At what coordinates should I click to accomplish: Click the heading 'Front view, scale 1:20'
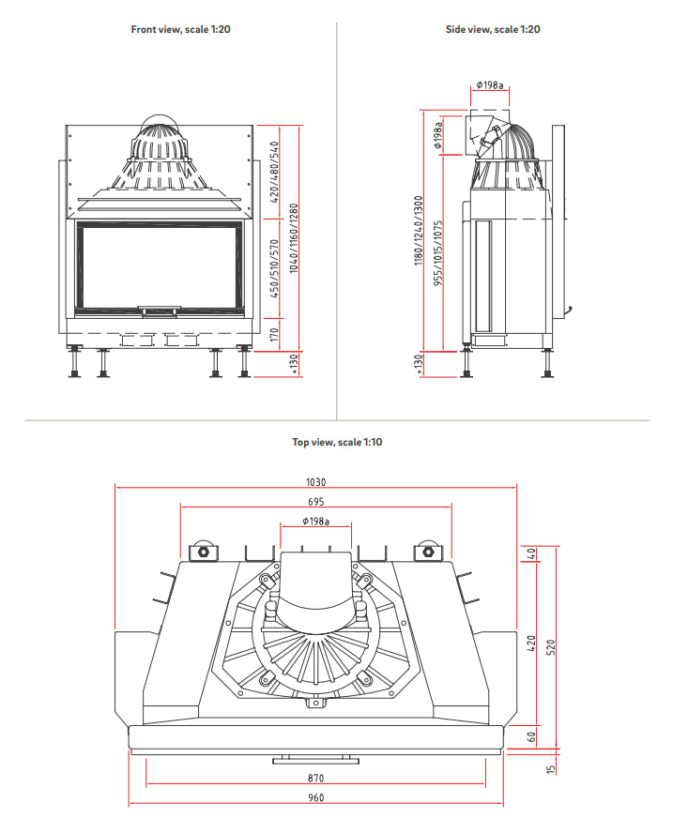pos(180,29)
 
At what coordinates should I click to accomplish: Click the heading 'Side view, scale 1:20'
pos(493,29)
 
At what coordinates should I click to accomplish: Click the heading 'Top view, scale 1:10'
pos(337,442)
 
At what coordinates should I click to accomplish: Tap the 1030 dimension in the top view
pos(316,482)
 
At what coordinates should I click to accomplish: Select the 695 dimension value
pos(316,502)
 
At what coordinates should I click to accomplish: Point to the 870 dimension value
pos(316,779)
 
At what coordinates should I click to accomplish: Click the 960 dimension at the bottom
pos(316,798)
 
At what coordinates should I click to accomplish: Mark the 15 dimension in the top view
pos(553,768)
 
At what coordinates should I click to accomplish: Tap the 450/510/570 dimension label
pos(274,267)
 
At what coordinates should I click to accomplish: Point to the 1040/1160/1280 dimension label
pos(295,239)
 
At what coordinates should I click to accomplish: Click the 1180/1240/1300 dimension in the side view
pos(419,231)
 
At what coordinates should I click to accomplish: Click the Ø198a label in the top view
pos(316,522)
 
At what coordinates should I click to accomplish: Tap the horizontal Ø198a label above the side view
pos(489,85)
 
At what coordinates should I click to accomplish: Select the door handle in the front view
pos(161,307)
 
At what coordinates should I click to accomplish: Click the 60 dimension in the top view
pos(531,737)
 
